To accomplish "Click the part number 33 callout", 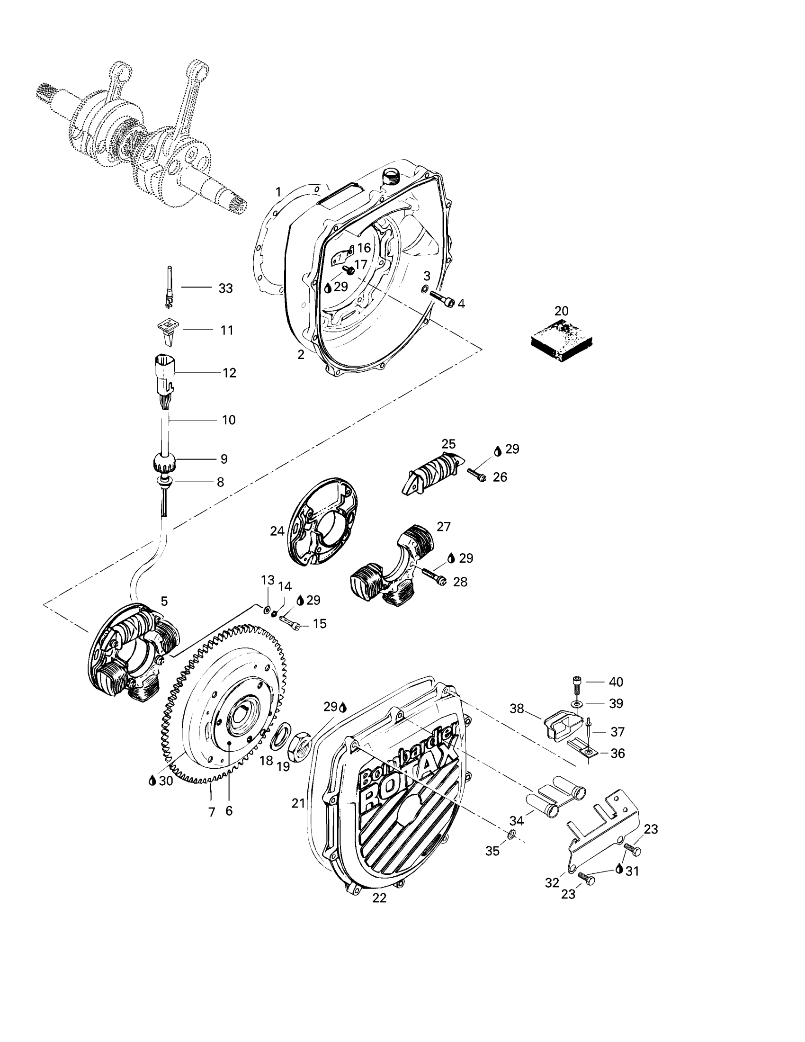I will click(x=225, y=288).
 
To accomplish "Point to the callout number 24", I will click(x=277, y=531).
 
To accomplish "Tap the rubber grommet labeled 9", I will click(x=164, y=462).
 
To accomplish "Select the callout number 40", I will click(x=616, y=682).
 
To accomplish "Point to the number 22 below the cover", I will click(x=379, y=898).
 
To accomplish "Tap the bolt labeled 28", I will click(x=433, y=575).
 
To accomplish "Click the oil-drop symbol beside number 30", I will click(x=152, y=781).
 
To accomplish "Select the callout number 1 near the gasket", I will click(x=278, y=192).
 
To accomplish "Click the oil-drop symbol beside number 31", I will click(x=619, y=869).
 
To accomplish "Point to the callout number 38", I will click(x=517, y=709).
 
